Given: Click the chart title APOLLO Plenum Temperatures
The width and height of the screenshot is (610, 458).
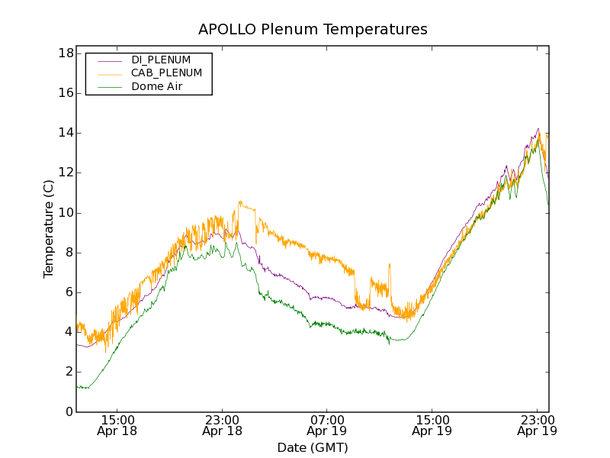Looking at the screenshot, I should pos(313,30).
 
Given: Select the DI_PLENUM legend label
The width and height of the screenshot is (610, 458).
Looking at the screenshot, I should pos(161,60).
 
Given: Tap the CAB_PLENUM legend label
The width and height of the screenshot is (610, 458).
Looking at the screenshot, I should pos(166,73).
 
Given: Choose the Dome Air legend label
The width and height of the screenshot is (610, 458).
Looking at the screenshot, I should pos(157,87).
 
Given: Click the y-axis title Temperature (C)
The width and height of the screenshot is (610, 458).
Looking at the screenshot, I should pos(49,229).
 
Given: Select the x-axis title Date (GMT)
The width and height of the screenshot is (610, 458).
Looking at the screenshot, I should pos(313,447).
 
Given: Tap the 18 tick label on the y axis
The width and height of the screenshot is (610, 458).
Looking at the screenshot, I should pos(65,53).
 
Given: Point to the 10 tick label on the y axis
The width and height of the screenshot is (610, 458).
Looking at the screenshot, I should pos(65,213).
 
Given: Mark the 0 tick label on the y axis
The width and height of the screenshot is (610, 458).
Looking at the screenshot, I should pos(69,412).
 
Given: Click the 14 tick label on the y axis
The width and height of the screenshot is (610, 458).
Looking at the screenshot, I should pos(65,133).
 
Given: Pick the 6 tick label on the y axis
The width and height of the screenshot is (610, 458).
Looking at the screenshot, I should pos(69,292).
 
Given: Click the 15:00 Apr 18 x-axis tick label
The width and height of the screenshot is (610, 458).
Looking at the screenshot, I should pos(117,425).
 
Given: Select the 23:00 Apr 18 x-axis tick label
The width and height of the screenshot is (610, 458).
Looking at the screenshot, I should pos(222,425).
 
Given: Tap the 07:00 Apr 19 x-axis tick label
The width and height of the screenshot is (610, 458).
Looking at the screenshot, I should pos(327,425).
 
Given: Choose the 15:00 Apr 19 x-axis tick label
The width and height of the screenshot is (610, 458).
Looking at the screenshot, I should pos(432,425).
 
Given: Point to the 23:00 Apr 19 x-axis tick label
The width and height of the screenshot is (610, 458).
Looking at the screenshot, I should pos(536,425).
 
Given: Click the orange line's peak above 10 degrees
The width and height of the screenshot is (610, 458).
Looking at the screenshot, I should pos(240,202).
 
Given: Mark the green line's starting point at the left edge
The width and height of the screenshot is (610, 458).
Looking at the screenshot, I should pos(77,386).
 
